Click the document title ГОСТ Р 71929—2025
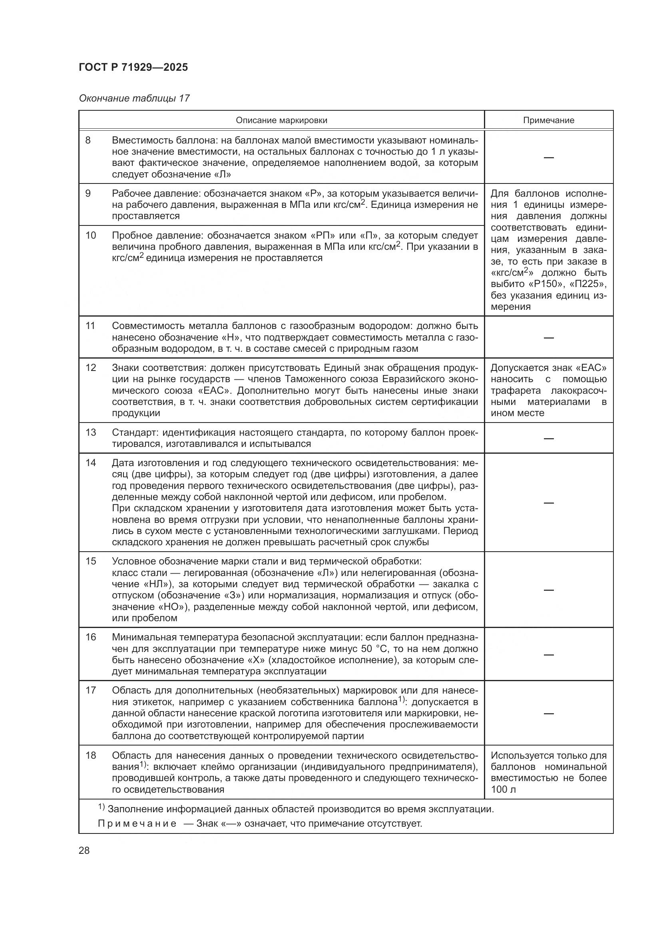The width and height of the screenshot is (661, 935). (x=133, y=68)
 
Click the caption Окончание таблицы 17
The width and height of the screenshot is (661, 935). (x=134, y=99)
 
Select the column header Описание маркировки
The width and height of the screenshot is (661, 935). (x=281, y=120)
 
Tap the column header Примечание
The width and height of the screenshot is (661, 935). (x=548, y=120)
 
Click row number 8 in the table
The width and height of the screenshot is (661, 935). (x=88, y=140)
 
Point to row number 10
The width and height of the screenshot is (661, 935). (x=90, y=235)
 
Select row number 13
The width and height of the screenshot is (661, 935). (x=90, y=432)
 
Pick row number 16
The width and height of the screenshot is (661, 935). (x=90, y=637)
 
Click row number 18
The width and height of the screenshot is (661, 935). (x=90, y=756)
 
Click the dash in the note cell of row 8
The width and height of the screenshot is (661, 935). (x=549, y=157)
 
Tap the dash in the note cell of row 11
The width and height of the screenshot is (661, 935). (x=549, y=338)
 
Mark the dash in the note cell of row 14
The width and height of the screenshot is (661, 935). (x=549, y=503)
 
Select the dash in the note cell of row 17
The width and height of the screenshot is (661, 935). (x=549, y=714)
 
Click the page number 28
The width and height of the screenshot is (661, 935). (x=84, y=850)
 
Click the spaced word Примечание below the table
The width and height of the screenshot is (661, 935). (x=137, y=824)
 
